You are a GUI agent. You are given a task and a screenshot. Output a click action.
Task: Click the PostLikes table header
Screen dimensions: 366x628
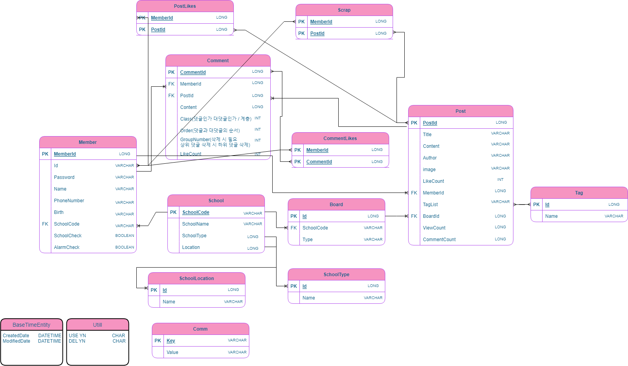[185, 6]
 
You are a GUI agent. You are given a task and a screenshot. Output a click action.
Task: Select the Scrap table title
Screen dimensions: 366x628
[344, 10]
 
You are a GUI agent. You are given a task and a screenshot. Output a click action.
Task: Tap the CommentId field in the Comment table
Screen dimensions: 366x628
[193, 72]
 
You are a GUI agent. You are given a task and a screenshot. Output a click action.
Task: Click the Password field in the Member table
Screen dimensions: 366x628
[64, 177]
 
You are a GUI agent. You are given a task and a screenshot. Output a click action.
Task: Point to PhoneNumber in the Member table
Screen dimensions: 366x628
[69, 201]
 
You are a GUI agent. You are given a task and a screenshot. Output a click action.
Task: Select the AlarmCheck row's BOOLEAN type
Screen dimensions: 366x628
[124, 247]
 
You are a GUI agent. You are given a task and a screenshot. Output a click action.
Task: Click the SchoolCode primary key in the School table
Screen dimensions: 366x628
[196, 212]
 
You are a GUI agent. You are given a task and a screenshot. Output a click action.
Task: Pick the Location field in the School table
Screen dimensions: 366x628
[191, 247]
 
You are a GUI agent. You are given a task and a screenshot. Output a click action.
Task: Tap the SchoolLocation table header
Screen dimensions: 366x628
[197, 278]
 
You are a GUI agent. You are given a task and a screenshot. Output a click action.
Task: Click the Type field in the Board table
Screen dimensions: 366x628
[307, 240]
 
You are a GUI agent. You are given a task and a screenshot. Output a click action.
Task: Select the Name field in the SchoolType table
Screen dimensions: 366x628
[308, 298]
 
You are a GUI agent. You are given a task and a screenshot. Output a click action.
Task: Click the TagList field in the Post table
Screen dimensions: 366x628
[430, 205]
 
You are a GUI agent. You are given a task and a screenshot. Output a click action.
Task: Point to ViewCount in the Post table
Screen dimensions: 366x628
[434, 228]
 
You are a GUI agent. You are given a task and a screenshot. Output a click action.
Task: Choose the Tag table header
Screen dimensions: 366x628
[579, 193]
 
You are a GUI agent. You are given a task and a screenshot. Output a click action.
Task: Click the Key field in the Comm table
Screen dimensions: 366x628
[170, 341]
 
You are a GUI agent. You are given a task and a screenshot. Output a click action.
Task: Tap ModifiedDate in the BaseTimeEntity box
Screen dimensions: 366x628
[16, 341]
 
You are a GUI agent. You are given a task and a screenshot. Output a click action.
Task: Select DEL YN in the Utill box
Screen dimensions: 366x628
[77, 341]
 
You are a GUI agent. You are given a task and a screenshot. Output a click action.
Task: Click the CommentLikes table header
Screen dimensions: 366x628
[340, 138]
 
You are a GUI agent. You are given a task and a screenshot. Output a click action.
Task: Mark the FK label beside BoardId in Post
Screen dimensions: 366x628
[414, 216]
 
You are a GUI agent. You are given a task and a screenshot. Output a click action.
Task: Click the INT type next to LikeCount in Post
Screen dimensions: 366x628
[500, 180]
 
